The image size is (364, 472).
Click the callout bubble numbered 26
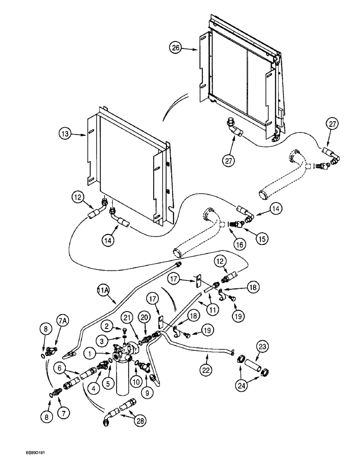coord(176,48)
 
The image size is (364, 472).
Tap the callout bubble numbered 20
coord(144,318)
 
